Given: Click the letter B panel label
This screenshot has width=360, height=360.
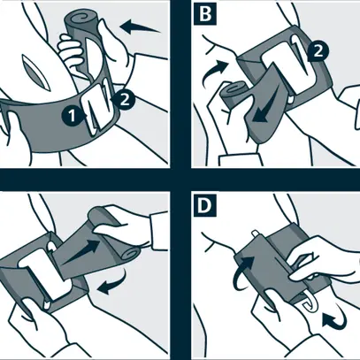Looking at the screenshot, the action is tap(205, 14).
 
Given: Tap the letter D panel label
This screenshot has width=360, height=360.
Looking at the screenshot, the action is tap(205, 206).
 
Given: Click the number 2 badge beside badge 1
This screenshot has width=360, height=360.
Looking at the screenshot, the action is tap(125, 100).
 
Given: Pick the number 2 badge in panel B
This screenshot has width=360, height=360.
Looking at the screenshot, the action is tap(318, 52).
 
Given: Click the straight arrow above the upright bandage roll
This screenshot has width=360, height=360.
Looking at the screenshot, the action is tap(141, 27).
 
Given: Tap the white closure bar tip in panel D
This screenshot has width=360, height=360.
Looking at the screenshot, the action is tap(255, 234).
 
